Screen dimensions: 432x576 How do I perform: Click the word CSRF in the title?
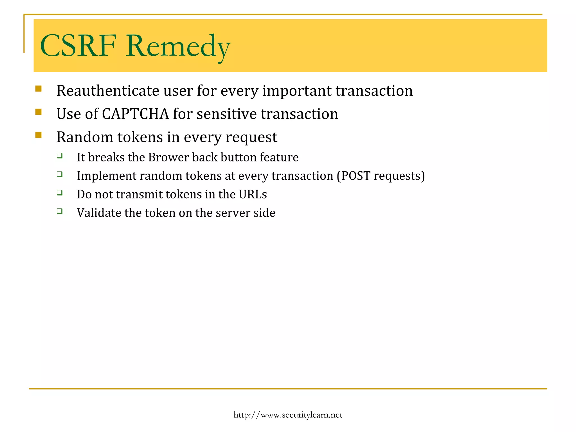pyautogui.click(x=78, y=46)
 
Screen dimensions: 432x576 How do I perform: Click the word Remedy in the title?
pyautogui.click(x=178, y=46)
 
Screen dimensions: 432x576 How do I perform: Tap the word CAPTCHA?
pyautogui.click(x=135, y=114)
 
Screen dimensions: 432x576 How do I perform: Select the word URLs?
pyautogui.click(x=253, y=194)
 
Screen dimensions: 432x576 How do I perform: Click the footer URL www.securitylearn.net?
pyautogui.click(x=288, y=415)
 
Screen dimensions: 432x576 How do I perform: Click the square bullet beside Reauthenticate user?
pyautogui.click(x=39, y=89)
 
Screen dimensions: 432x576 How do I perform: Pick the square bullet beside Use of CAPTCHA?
pyautogui.click(x=39, y=112)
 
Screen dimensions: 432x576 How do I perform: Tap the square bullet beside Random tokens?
pyautogui.click(x=39, y=135)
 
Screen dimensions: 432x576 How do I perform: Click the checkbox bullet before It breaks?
pyautogui.click(x=59, y=155)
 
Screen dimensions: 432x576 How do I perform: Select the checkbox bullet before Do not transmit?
pyautogui.click(x=59, y=193)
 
